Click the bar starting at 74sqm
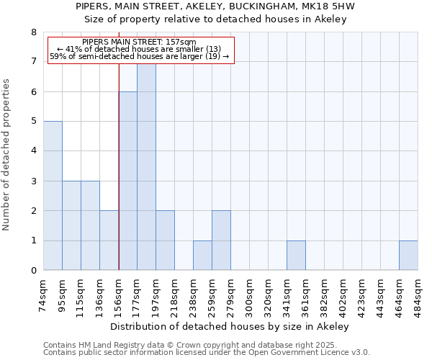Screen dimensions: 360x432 point(53,196)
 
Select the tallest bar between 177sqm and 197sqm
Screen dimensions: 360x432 point(146,167)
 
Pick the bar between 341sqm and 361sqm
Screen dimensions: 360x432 point(296,256)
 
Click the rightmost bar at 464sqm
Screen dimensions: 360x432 point(408,256)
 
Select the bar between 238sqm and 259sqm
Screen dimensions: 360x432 point(202,256)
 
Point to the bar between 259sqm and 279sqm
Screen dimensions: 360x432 point(221,240)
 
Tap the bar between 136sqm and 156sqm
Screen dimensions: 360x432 point(109,240)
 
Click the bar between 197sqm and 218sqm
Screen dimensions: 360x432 point(165,240)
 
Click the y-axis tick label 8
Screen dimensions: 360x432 point(33,32)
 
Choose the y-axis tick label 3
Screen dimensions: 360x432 point(33,181)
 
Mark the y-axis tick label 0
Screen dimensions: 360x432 point(33,271)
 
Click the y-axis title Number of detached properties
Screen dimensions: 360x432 point(7,155)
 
